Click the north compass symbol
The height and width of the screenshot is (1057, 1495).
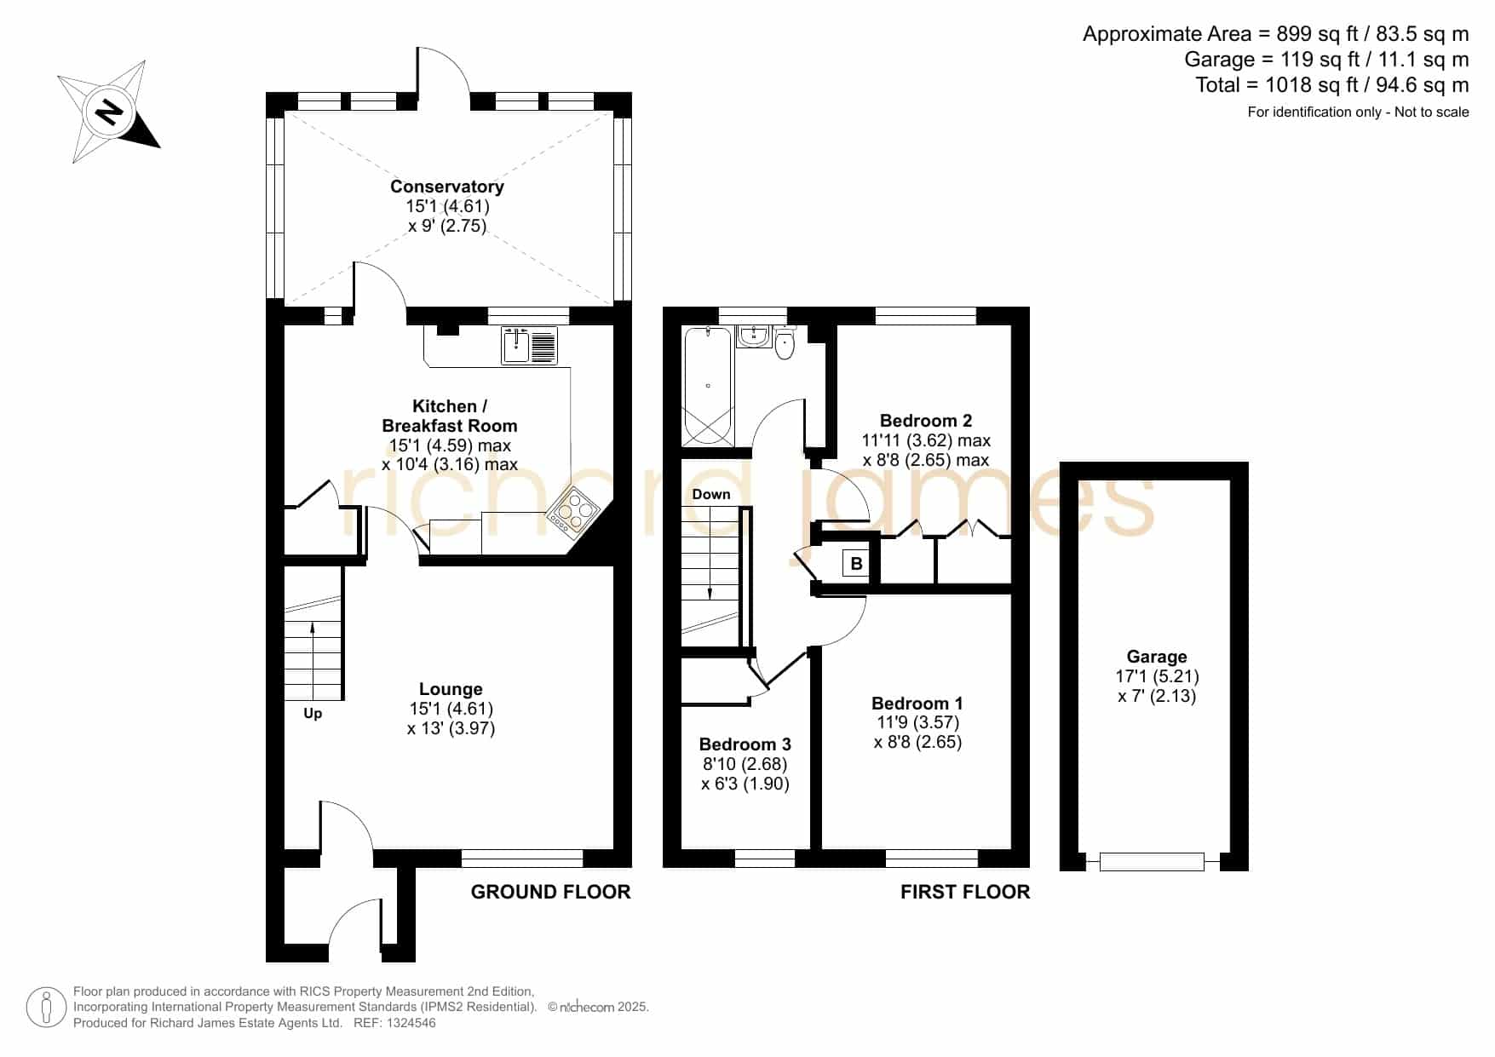pyautogui.click(x=109, y=112)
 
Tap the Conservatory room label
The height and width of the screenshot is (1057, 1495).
pyautogui.click(x=447, y=187)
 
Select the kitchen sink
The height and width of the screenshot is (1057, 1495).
pyautogui.click(x=529, y=345)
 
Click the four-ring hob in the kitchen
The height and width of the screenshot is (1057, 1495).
pyautogui.click(x=572, y=510)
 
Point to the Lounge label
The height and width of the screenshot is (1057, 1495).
pyautogui.click(x=451, y=689)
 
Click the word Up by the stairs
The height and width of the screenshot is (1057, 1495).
pyautogui.click(x=313, y=714)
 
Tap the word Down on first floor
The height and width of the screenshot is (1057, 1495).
pyautogui.click(x=711, y=494)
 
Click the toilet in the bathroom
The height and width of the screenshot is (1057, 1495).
pyautogui.click(x=785, y=342)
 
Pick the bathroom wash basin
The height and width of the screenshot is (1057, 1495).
pyautogui.click(x=754, y=336)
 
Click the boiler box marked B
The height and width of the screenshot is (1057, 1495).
pyautogui.click(x=856, y=564)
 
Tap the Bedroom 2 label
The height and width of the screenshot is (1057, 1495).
pyautogui.click(x=926, y=421)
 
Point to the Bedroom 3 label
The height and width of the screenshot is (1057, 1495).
pyautogui.click(x=745, y=744)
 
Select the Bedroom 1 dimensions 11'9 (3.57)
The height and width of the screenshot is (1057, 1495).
pyautogui.click(x=918, y=722)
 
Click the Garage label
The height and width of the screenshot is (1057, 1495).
pyautogui.click(x=1157, y=657)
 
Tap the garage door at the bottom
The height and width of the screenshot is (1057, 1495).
pyautogui.click(x=1152, y=862)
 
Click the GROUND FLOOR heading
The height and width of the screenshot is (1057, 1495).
pyautogui.click(x=551, y=892)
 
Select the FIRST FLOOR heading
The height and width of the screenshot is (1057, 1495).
pyautogui.click(x=965, y=892)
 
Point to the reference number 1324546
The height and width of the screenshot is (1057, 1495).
pyautogui.click(x=411, y=1023)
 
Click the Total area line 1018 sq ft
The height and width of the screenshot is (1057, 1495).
pyautogui.click(x=1332, y=85)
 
